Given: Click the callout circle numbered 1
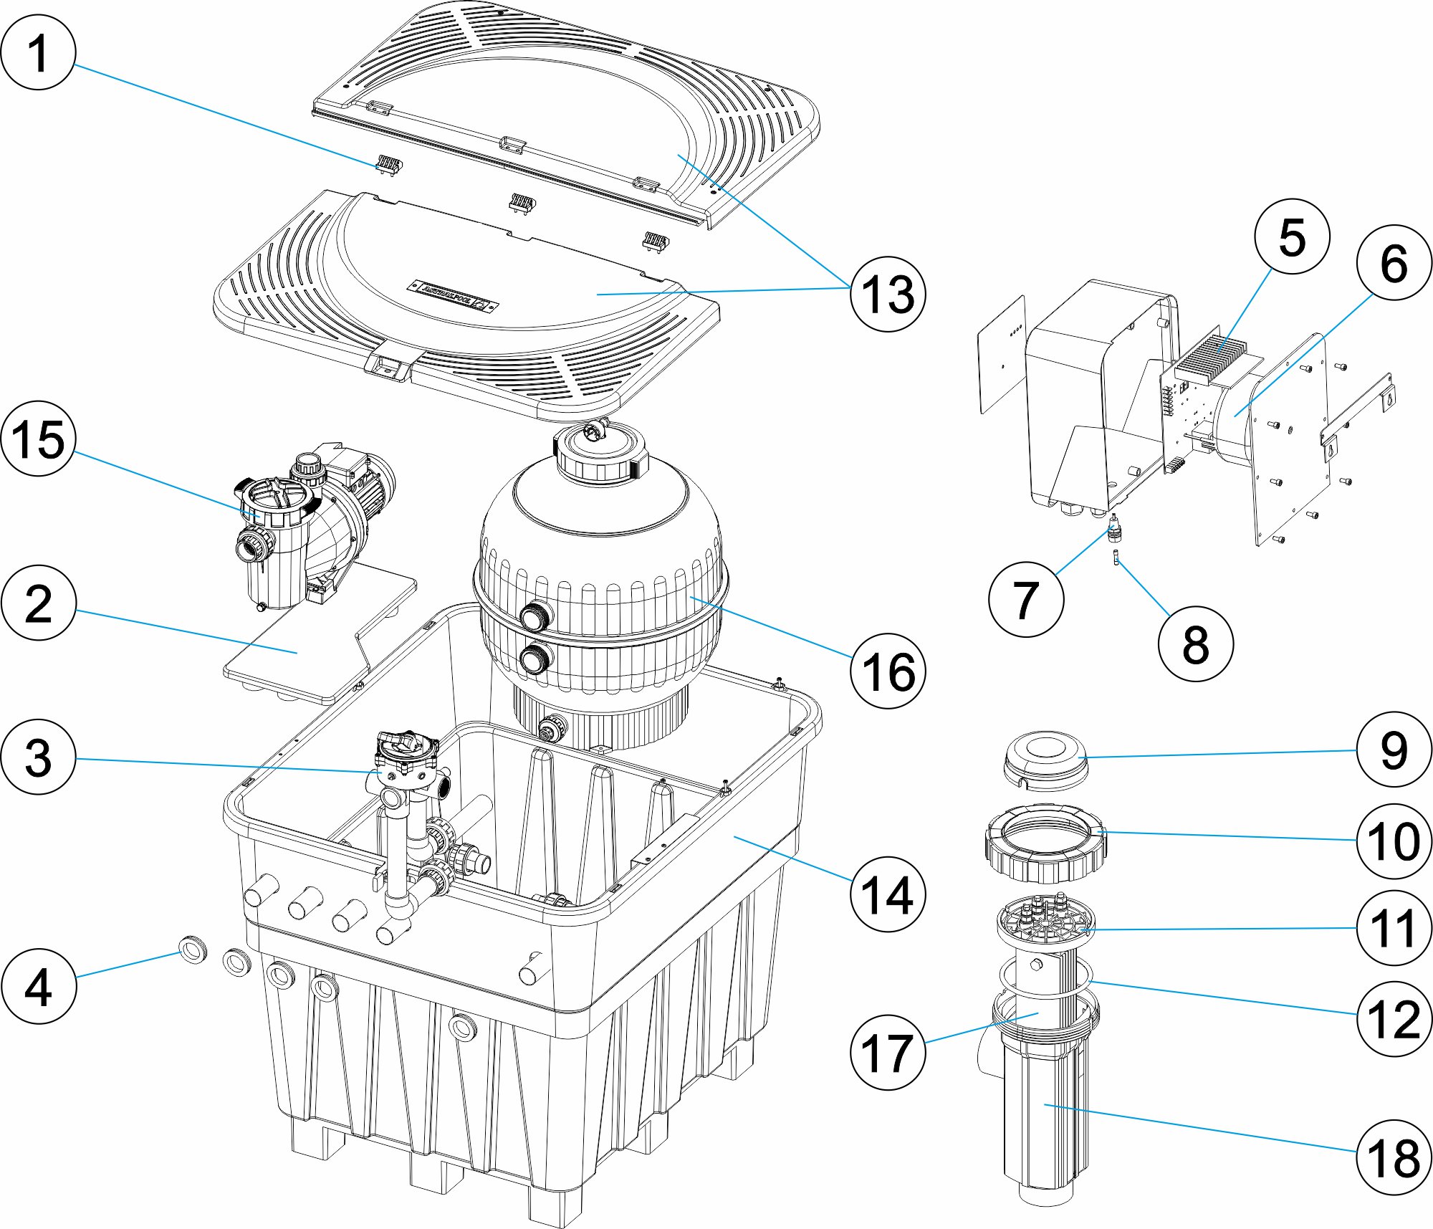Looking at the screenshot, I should coord(38,52).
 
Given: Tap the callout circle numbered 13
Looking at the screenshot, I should coord(888,294).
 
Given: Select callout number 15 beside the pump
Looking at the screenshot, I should coord(38,439).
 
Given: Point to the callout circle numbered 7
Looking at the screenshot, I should coord(1025,599).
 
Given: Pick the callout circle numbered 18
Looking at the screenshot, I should coord(1394,1157).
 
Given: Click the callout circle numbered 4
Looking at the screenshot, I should coord(38,986).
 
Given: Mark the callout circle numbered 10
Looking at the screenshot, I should coord(1394,841).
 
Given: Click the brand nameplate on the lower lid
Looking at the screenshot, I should coord(451,294).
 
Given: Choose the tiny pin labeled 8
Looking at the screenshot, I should coord(1116,557).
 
